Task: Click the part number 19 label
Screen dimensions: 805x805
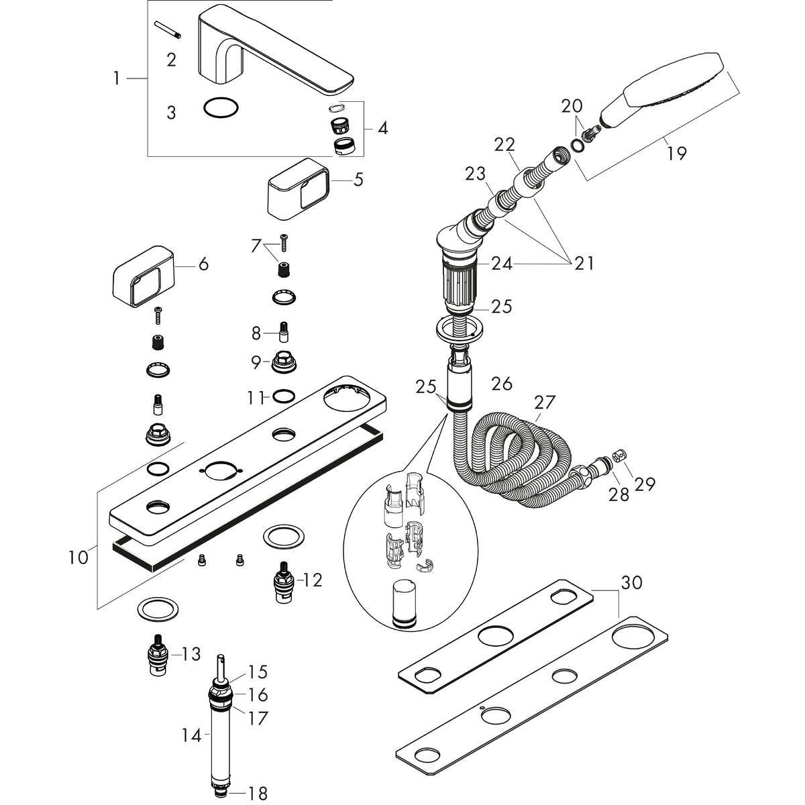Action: (676, 153)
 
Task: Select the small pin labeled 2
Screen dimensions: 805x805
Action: (164, 32)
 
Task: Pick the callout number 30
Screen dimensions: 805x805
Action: (632, 582)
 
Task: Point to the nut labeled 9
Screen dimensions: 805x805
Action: (284, 363)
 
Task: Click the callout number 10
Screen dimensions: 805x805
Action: (78, 557)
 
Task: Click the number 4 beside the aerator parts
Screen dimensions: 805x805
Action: (382, 127)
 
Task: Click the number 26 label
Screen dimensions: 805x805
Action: (502, 384)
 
